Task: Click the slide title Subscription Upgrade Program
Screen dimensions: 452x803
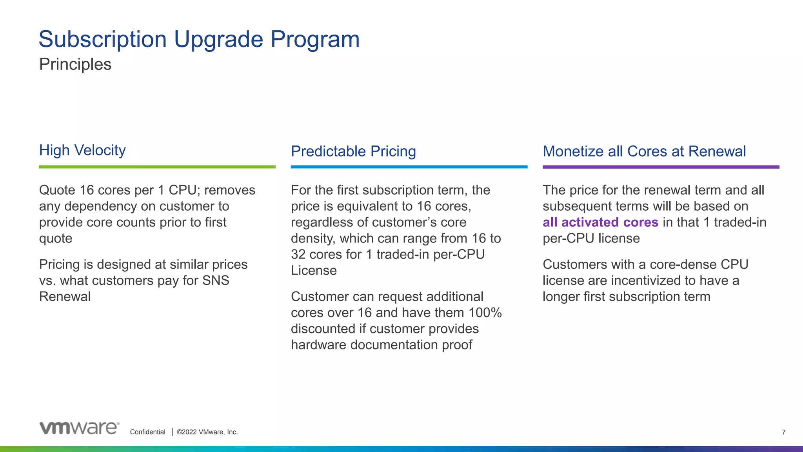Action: (199, 39)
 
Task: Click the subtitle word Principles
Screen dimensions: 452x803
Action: (75, 64)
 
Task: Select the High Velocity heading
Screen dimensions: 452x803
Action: (82, 150)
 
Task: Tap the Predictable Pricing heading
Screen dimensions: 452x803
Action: (353, 151)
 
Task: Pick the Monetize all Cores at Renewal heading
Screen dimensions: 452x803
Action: (644, 151)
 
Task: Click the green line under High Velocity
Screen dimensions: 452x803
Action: (157, 167)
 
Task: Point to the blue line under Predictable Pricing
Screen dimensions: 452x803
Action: (409, 167)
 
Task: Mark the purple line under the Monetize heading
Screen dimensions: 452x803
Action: (661, 167)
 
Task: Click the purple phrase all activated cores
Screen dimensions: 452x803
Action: (600, 222)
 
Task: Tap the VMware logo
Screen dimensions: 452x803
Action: (80, 428)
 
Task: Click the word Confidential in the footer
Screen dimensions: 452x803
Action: (147, 432)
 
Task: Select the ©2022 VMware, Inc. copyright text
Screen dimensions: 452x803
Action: (207, 432)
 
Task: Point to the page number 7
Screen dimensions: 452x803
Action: (783, 432)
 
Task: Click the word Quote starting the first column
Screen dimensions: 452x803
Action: (57, 190)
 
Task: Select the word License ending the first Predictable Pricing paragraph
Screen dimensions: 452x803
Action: (314, 271)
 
